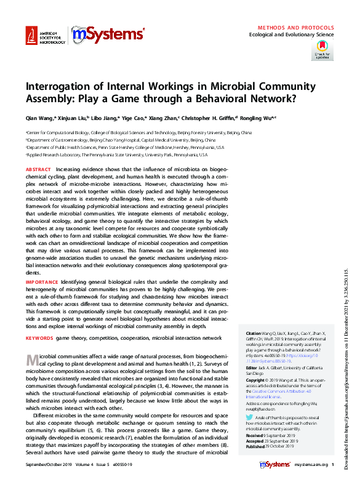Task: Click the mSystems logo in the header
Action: click(108, 36)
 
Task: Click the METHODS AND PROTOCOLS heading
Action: click(295, 28)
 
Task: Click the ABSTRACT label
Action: click(38, 169)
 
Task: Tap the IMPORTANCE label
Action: click(41, 281)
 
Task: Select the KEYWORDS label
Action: click(39, 338)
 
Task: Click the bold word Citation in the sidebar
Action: click(253, 333)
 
